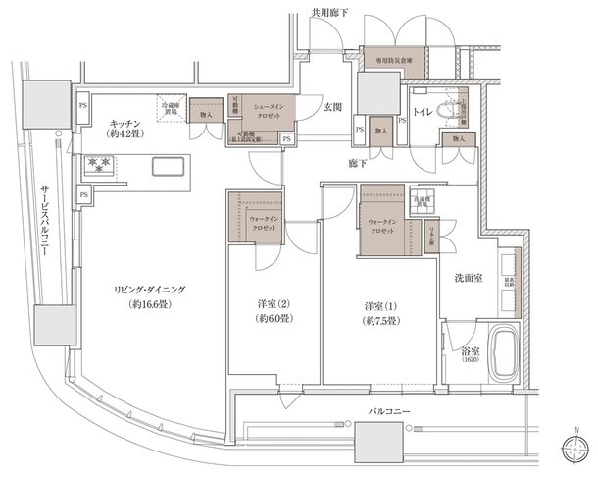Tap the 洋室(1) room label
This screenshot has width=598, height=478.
pos(377,311)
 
